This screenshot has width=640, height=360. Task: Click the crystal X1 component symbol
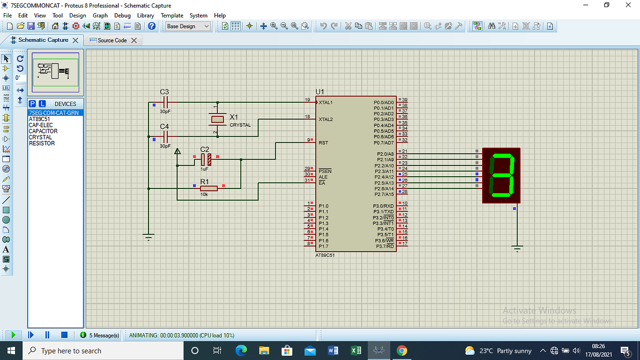[217, 120]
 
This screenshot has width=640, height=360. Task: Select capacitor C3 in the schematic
[165, 102]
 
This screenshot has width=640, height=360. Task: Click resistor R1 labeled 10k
[209, 188]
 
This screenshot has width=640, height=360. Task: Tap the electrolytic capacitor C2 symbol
[205, 159]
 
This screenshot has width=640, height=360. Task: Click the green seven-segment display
[501, 175]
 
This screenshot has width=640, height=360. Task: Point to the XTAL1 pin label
[326, 102]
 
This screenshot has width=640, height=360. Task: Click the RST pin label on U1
[324, 142]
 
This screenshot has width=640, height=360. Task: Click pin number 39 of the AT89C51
[404, 100]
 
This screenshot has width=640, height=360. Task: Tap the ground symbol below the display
[517, 248]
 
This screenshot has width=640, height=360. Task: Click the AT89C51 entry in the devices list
[40, 119]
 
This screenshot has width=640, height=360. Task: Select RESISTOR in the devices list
[42, 143]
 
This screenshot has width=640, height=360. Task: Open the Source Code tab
[112, 41]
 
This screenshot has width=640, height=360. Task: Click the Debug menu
[122, 15]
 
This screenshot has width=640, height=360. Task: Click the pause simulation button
[47, 335]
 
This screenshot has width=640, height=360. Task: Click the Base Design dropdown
[188, 26]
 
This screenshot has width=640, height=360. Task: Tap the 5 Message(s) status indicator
[100, 335]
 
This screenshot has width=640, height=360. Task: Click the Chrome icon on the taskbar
[402, 351]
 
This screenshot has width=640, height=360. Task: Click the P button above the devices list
[33, 104]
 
